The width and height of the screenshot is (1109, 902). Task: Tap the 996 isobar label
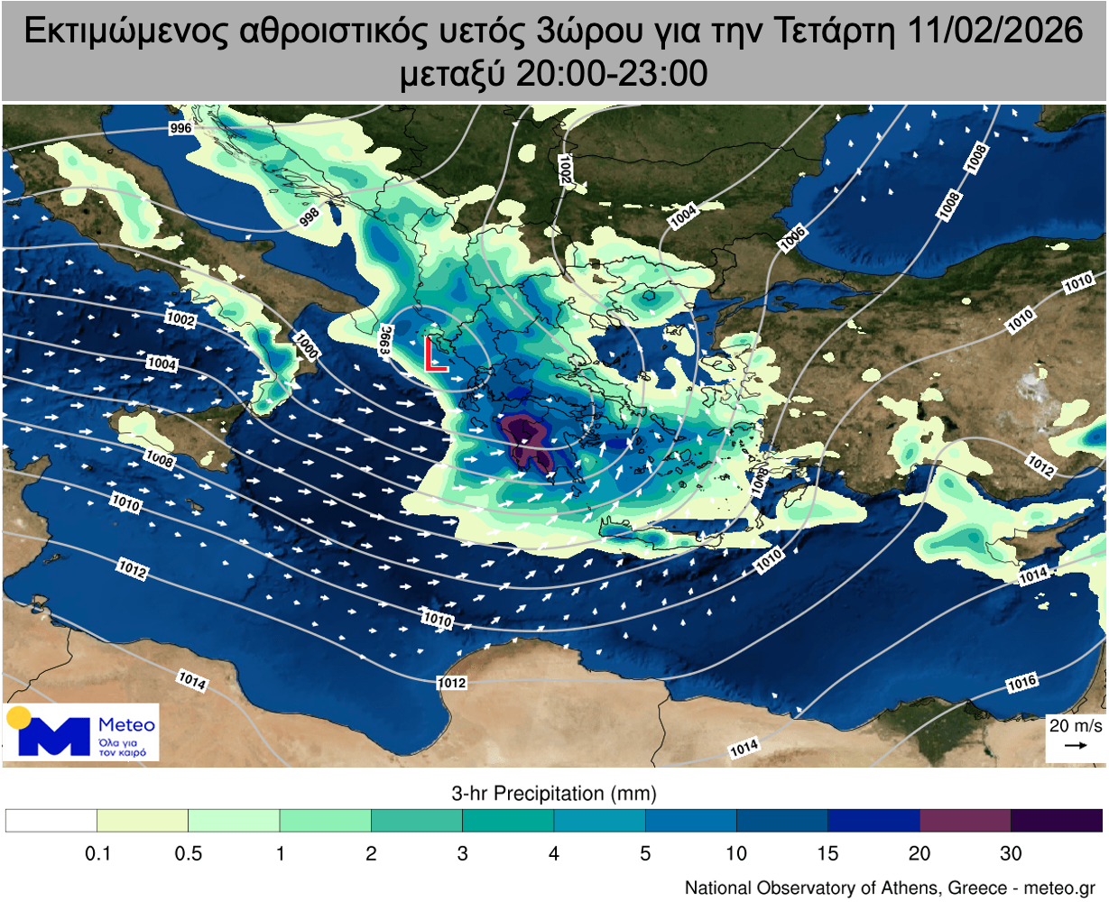180,129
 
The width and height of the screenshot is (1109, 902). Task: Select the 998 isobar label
309,216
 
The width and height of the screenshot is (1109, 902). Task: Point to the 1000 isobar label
306,346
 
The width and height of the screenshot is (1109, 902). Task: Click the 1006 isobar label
792,238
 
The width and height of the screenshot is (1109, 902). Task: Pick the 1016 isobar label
1021,683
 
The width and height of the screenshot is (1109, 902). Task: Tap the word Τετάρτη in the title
836,32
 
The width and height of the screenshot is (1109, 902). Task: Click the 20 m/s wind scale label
1076,725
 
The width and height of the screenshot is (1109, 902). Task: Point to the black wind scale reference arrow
1075,746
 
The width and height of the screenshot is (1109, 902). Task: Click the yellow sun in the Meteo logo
18,718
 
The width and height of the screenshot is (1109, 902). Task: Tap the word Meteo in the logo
126,724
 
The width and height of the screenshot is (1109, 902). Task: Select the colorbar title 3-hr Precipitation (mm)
553,794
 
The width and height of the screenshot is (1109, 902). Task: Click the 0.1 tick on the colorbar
97,853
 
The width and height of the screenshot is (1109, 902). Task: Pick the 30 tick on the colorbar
1011,853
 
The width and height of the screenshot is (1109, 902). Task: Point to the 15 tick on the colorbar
827,853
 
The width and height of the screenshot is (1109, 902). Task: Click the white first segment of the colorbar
51,820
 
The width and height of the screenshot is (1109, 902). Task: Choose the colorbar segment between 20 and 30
965,820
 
